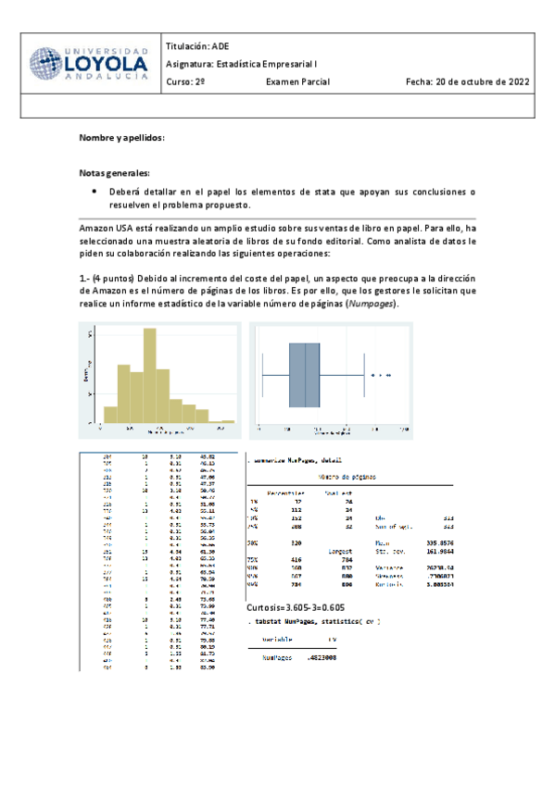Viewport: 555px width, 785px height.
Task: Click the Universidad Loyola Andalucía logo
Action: pyautogui.click(x=88, y=64)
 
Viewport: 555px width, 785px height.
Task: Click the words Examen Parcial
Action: pyautogui.click(x=297, y=81)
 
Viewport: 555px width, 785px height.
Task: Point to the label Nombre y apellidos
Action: pyautogui.click(x=121, y=138)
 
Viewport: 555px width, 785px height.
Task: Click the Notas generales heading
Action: pyautogui.click(x=114, y=173)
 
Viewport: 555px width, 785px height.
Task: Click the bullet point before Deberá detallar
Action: pyautogui.click(x=96, y=191)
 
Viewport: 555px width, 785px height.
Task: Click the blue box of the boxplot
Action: pyautogui.click(x=304, y=375)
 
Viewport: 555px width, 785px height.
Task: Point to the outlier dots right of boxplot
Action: pyautogui.click(x=380, y=375)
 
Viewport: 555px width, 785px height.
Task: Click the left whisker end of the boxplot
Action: pyautogui.click(x=263, y=375)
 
